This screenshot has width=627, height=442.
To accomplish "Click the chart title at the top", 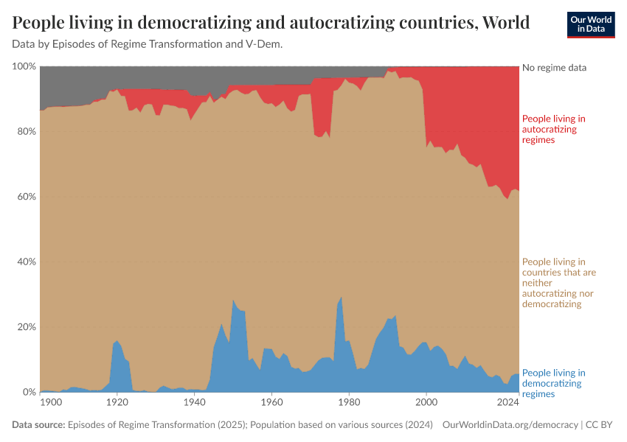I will pos(271,23).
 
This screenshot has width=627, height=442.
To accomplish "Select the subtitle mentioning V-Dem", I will pos(148,44).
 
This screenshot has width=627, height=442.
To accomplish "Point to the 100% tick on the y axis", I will pos(24,67).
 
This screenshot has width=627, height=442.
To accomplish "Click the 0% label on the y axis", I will pos(29,392).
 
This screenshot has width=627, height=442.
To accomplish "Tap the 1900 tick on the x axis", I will pos(51,403).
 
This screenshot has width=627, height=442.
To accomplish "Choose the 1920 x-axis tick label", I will pos(117,403).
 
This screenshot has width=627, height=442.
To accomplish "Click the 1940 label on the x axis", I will pos(194,403).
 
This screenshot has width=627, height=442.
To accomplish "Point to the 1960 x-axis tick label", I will pos(271,403).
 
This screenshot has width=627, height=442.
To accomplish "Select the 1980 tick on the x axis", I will pos(349,403).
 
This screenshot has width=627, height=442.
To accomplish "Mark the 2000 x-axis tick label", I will pos(426,403).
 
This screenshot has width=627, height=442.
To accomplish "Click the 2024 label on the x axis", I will pos(508,403).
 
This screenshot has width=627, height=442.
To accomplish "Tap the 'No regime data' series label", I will pos(554,68).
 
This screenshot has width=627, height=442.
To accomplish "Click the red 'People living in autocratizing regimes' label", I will pos(553,129).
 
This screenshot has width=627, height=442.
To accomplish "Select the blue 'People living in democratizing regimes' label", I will pos(553,383).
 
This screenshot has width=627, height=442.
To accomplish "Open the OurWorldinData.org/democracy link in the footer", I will pos(510,425).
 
